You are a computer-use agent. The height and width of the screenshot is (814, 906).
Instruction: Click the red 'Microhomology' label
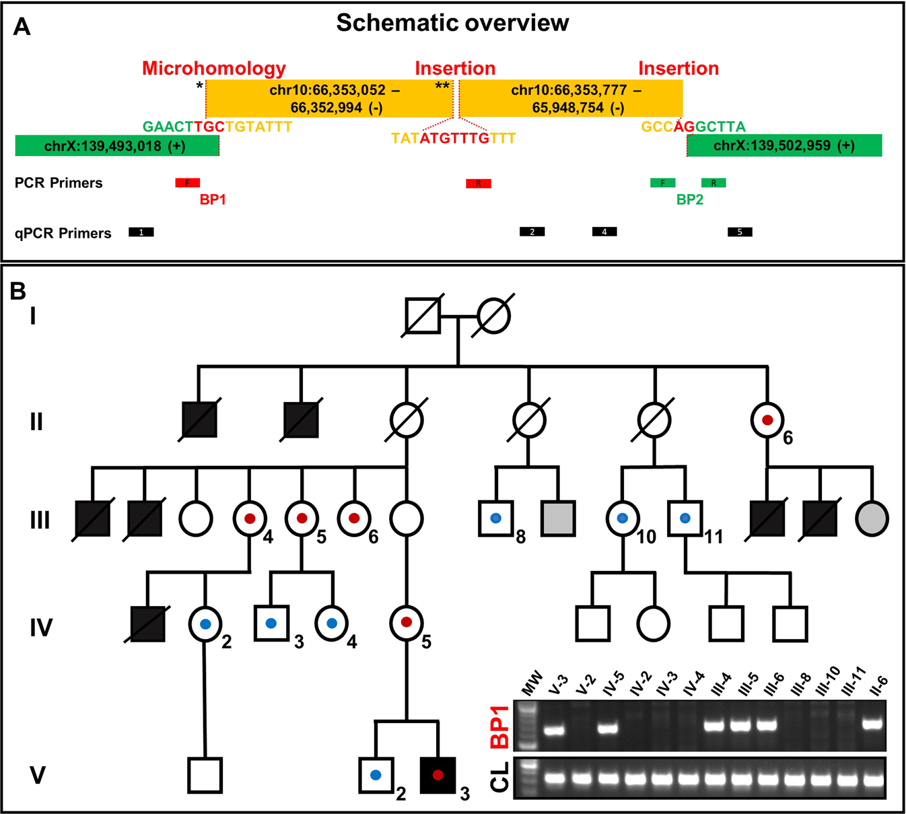[213, 69]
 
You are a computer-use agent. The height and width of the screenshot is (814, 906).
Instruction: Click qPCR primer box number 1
[141, 232]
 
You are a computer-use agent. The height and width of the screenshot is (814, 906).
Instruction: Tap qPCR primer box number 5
[740, 232]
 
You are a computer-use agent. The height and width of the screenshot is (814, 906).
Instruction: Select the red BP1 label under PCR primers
[213, 200]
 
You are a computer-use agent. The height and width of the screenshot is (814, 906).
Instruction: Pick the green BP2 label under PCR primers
[689, 200]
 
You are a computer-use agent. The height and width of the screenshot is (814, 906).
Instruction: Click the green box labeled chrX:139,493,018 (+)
[116, 146]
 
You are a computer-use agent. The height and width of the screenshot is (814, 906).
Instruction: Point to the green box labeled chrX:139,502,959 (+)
[784, 145]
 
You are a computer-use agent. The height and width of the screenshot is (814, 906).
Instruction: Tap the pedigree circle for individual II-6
[767, 420]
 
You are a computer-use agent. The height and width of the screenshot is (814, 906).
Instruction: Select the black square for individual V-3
[438, 775]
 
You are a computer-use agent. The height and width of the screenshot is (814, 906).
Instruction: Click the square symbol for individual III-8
[495, 518]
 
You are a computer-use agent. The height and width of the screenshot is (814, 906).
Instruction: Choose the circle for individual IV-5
[407, 623]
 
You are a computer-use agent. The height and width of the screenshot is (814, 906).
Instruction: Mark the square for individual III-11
[685, 518]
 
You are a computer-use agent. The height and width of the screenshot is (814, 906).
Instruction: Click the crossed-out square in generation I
[423, 315]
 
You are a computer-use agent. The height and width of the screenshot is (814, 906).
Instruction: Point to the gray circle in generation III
[872, 519]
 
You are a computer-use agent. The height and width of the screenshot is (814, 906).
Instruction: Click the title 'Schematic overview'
[452, 23]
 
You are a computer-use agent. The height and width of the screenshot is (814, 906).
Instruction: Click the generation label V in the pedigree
[38, 776]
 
